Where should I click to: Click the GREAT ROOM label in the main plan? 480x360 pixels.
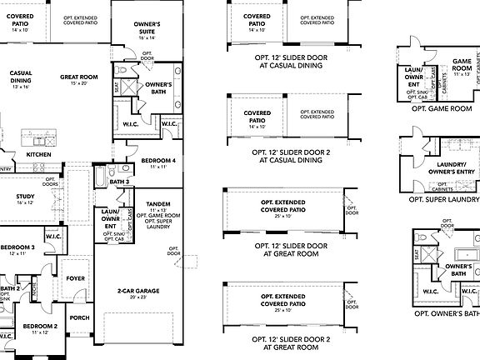click(x=80, y=77)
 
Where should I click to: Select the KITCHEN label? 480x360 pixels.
click(x=38, y=154)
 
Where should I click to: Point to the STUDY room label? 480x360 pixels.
click(x=25, y=197)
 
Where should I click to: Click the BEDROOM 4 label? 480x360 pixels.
click(x=157, y=160)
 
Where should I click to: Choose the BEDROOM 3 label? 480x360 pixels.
click(x=17, y=247)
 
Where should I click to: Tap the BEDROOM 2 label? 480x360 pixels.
click(x=39, y=326)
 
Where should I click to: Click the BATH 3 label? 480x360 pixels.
click(x=120, y=181)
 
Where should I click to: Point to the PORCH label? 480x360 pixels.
click(x=80, y=317)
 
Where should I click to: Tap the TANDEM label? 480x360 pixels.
click(x=157, y=203)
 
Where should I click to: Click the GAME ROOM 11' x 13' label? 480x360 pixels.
click(x=462, y=65)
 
